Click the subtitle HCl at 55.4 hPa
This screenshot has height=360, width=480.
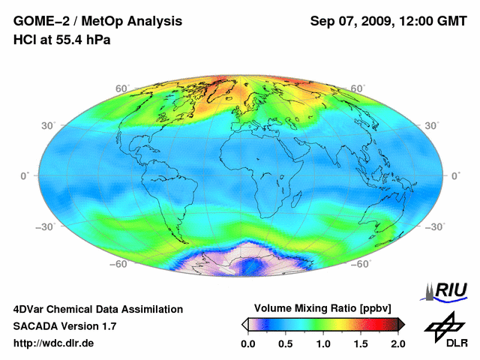(61, 40)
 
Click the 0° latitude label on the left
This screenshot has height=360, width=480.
(25, 175)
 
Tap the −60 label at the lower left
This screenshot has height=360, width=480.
(118, 264)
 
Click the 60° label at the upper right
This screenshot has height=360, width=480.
(358, 88)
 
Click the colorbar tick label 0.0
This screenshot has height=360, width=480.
(248, 343)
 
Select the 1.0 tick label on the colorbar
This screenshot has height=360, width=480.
(323, 343)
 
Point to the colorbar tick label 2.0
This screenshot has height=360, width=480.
(397, 343)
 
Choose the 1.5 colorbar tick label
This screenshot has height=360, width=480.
(361, 343)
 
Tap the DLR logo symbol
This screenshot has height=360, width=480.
(442, 328)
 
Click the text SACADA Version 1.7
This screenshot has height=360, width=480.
(64, 326)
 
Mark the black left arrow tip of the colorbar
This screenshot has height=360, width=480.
(244, 324)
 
